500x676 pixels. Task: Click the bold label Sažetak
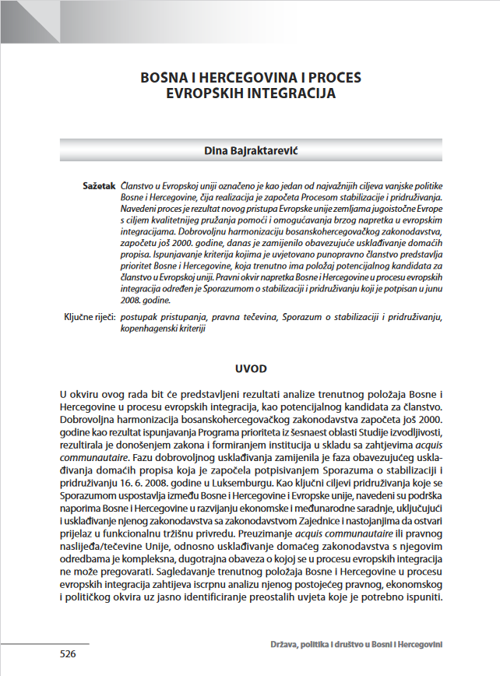tap(99, 188)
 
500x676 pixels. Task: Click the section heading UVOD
tap(250, 366)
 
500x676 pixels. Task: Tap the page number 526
tap(68, 654)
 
